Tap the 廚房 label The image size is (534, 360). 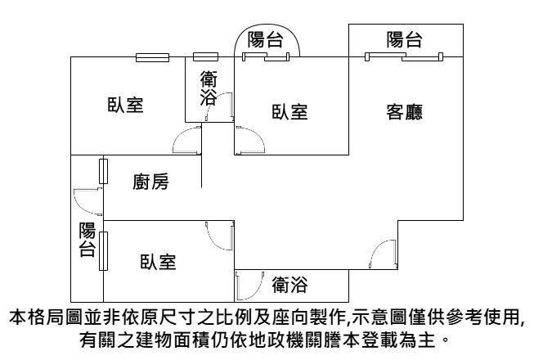click(x=150, y=182)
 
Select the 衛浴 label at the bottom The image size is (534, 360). click(x=289, y=285)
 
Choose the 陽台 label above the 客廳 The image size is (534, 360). click(x=405, y=38)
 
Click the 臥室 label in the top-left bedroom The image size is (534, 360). click(x=126, y=106)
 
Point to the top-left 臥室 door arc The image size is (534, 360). click(x=187, y=141)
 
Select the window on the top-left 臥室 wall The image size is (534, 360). click(x=152, y=57)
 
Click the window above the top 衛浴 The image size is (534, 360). click(x=206, y=57)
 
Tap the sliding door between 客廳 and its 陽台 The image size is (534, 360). click(x=404, y=56)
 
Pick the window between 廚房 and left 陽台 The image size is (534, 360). click(x=103, y=171)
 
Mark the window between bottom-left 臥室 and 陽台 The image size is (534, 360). click(x=103, y=250)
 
